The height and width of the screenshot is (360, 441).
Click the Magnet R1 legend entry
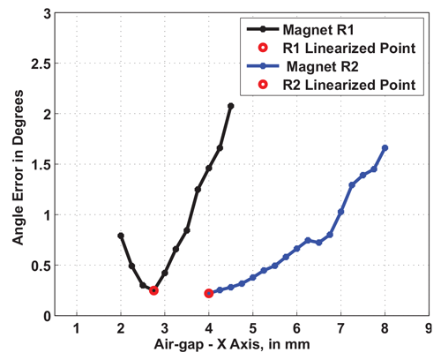click(x=312, y=29)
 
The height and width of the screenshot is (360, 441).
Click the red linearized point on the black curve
click(x=153, y=290)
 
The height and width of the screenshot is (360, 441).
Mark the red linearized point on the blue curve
click(x=209, y=293)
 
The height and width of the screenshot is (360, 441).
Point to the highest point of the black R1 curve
click(x=231, y=106)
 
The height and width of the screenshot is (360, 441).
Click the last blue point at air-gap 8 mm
click(x=385, y=147)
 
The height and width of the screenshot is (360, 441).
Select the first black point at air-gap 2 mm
click(x=121, y=236)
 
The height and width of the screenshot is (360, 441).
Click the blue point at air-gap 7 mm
click(x=341, y=212)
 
